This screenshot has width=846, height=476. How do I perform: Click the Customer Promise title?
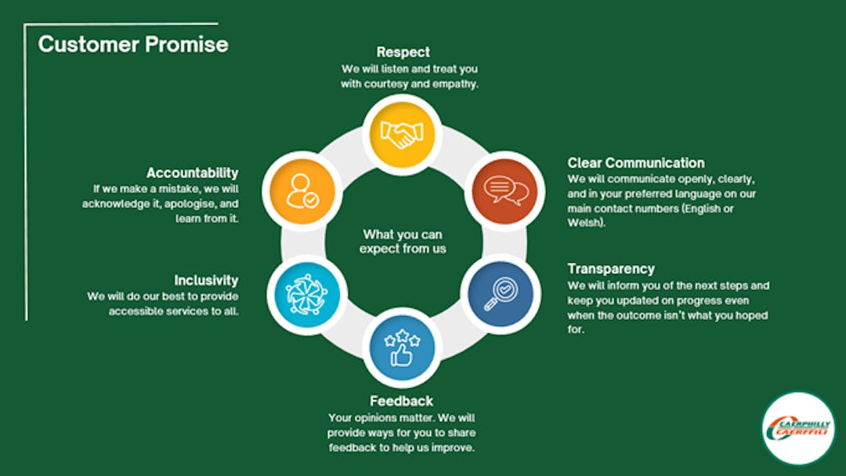[x=133, y=44]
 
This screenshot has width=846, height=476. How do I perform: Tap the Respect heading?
[x=403, y=52]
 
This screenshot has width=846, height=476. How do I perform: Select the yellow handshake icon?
[x=402, y=135]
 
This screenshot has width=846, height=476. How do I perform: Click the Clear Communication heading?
[x=635, y=162]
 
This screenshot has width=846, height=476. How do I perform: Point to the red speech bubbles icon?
[x=505, y=191]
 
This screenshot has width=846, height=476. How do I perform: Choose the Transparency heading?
[x=611, y=269]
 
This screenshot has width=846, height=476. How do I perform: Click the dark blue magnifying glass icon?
[x=501, y=294]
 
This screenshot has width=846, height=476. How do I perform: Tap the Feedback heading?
[x=401, y=401]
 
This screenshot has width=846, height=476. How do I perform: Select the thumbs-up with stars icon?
[x=402, y=347]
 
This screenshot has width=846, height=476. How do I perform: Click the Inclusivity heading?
[x=206, y=281]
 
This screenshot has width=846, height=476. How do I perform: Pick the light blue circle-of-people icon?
[x=307, y=295]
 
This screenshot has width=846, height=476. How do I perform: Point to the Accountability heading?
[x=192, y=173]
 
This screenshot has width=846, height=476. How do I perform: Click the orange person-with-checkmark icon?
[x=302, y=191]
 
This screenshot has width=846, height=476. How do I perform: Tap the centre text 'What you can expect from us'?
[x=403, y=242]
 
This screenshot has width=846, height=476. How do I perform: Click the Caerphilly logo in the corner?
[x=798, y=428]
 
